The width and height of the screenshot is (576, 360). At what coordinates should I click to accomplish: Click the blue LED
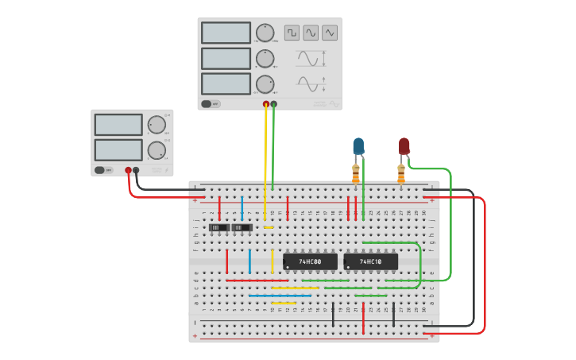coord(358,146)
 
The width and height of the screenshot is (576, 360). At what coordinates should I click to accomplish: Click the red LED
coord(404,146)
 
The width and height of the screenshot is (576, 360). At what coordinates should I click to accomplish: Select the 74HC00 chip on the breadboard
coord(310,261)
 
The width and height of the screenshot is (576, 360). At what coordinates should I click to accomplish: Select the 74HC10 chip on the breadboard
coord(370,261)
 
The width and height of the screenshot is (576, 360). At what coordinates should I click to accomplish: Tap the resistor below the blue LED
coord(356,172)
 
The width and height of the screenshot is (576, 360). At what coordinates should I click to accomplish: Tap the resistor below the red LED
coord(401,172)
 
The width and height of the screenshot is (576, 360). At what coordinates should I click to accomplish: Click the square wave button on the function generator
coord(292,33)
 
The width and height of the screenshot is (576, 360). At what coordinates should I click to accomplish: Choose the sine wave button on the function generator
coord(311,33)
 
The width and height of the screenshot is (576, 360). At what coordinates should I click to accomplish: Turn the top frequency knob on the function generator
coord(265,33)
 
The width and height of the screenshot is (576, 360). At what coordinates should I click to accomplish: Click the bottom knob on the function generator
coord(265,84)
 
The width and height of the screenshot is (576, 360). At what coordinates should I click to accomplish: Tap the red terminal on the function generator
coord(266,104)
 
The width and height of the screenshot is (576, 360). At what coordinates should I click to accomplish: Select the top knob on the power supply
coord(157,125)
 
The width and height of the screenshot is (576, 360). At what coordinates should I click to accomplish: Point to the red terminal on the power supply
coord(128,170)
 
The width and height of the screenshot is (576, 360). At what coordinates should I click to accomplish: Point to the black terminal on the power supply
coord(136,170)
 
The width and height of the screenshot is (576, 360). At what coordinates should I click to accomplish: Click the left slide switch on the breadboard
coord(218,228)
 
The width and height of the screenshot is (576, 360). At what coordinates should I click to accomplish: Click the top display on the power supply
coord(118,125)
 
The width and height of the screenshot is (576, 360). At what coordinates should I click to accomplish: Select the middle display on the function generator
coord(226,59)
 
